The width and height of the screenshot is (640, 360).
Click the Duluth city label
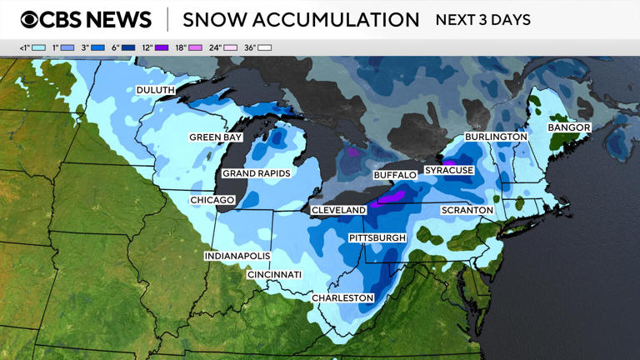click(x=155, y=90)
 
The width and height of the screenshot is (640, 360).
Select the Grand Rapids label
click(x=256, y=173)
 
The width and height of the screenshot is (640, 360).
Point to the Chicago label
click(x=212, y=200)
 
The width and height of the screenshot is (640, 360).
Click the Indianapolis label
click(x=237, y=256)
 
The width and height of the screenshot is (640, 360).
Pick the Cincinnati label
click(x=274, y=274)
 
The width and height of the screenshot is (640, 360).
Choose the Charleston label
click(x=342, y=297)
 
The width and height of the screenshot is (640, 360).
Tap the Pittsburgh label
click(x=377, y=238)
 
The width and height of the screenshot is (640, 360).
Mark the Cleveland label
click(x=338, y=210)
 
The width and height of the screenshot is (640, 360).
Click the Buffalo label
click(x=394, y=175)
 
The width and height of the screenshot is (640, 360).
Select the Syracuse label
click(x=449, y=170)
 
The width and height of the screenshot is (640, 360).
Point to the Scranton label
click(x=467, y=210)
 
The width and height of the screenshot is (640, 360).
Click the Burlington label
click(x=496, y=136)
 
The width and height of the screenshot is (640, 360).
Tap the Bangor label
click(x=569, y=127)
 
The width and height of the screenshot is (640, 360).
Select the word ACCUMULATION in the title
click(x=348, y=19)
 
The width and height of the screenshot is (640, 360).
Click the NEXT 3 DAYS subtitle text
click(x=482, y=19)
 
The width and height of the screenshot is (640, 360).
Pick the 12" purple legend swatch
click(x=162, y=48)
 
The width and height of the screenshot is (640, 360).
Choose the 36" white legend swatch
click(x=264, y=48)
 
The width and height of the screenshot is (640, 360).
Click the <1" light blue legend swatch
click(x=38, y=48)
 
